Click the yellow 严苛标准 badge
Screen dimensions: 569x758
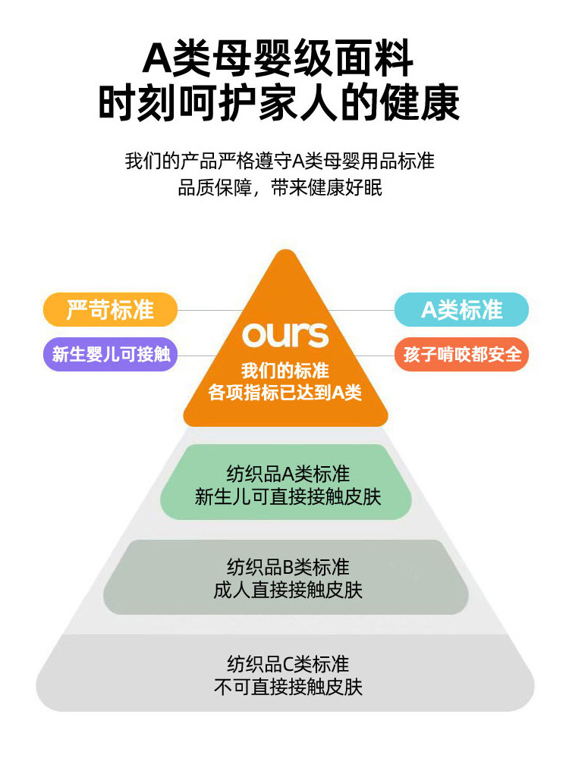110,309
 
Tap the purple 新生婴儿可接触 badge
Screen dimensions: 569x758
110,353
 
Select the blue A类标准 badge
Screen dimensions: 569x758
461,309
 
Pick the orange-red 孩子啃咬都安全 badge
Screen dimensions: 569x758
461,353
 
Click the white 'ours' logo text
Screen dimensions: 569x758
285,335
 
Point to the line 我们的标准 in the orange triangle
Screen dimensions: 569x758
285,371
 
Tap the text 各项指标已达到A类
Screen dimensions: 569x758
285,393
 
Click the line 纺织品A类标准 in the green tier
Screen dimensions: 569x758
288,474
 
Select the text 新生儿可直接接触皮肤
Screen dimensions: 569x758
288,497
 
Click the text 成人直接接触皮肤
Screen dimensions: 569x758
288,590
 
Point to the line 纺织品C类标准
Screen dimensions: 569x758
288,664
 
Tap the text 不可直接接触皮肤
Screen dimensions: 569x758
288,688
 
